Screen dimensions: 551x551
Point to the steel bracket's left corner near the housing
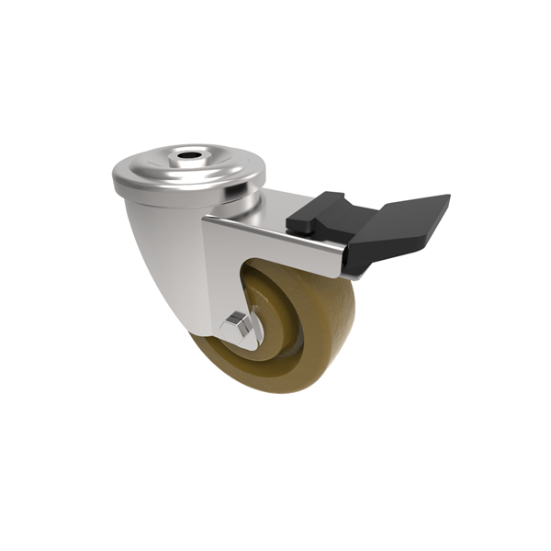click(x=208, y=224)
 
